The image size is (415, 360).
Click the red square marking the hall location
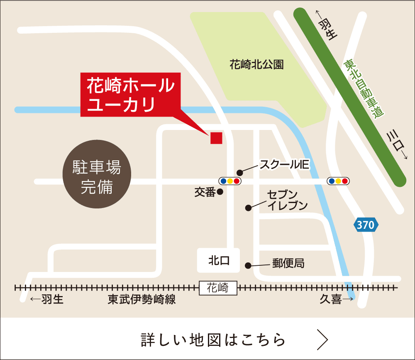coord(216,137)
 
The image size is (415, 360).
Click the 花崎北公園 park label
coord(256,65)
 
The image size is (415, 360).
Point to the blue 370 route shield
coord(366,225)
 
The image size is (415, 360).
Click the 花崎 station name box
coord(218,287)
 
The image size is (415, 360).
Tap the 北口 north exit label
coord(218,261)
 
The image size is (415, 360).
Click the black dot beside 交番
coord(220,192)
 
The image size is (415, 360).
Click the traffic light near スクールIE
coord(230,181)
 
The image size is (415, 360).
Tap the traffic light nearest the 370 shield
coord(338,181)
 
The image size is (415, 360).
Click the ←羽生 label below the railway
coord(47,299)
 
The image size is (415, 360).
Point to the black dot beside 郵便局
coord(248,265)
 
